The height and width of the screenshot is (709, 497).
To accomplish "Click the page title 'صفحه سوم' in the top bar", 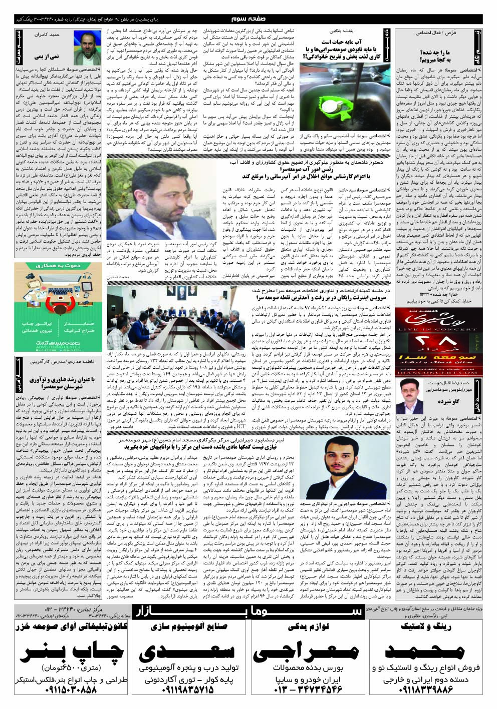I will click(248, 19).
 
